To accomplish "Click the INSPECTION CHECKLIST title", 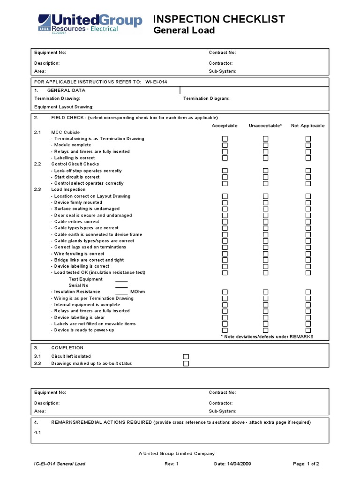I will [219, 19].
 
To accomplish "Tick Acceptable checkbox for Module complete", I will [225, 145].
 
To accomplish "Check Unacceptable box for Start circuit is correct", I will [265, 177].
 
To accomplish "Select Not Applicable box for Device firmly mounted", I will [308, 202].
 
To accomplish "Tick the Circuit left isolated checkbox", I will [186, 357].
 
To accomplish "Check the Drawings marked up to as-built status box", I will [186, 363].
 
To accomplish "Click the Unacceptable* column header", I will [265, 126].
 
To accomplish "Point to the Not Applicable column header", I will [307, 126].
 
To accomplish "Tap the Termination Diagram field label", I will [206, 98].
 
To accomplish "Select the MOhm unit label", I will [137, 292].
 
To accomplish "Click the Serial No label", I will [78, 285].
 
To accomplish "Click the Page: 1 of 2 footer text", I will [306, 464].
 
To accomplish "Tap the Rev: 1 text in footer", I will [172, 464].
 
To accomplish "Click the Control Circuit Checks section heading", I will [75, 164].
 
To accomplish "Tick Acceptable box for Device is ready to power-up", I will [225, 330].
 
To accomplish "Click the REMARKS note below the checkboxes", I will [267, 337].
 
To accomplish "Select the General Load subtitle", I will [184, 31].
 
